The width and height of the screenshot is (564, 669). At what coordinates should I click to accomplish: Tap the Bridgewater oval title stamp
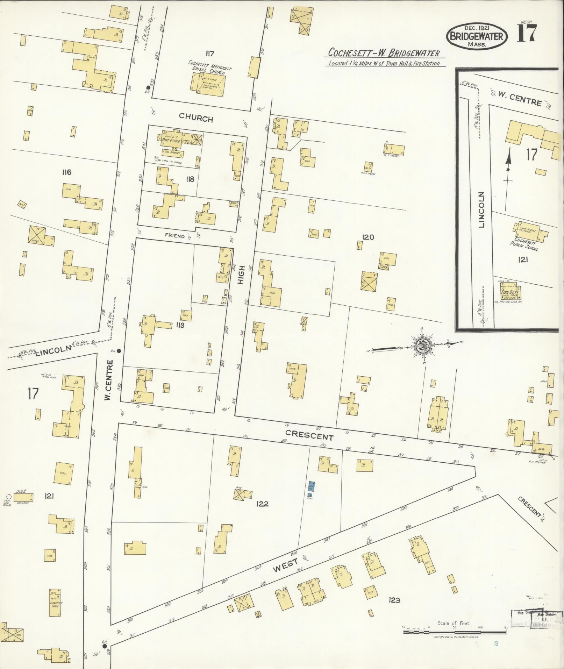[476, 36]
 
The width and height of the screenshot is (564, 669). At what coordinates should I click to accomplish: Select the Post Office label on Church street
[171, 141]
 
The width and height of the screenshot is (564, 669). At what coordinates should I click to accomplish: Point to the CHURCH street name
[196, 119]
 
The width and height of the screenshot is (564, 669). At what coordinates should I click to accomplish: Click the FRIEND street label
[175, 236]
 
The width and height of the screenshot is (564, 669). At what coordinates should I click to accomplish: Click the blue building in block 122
[311, 486]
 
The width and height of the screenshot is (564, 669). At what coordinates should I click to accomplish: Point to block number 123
[394, 600]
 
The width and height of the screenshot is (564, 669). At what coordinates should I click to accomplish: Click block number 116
[66, 172]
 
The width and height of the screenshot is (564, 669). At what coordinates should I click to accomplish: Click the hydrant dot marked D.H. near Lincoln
[119, 350]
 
